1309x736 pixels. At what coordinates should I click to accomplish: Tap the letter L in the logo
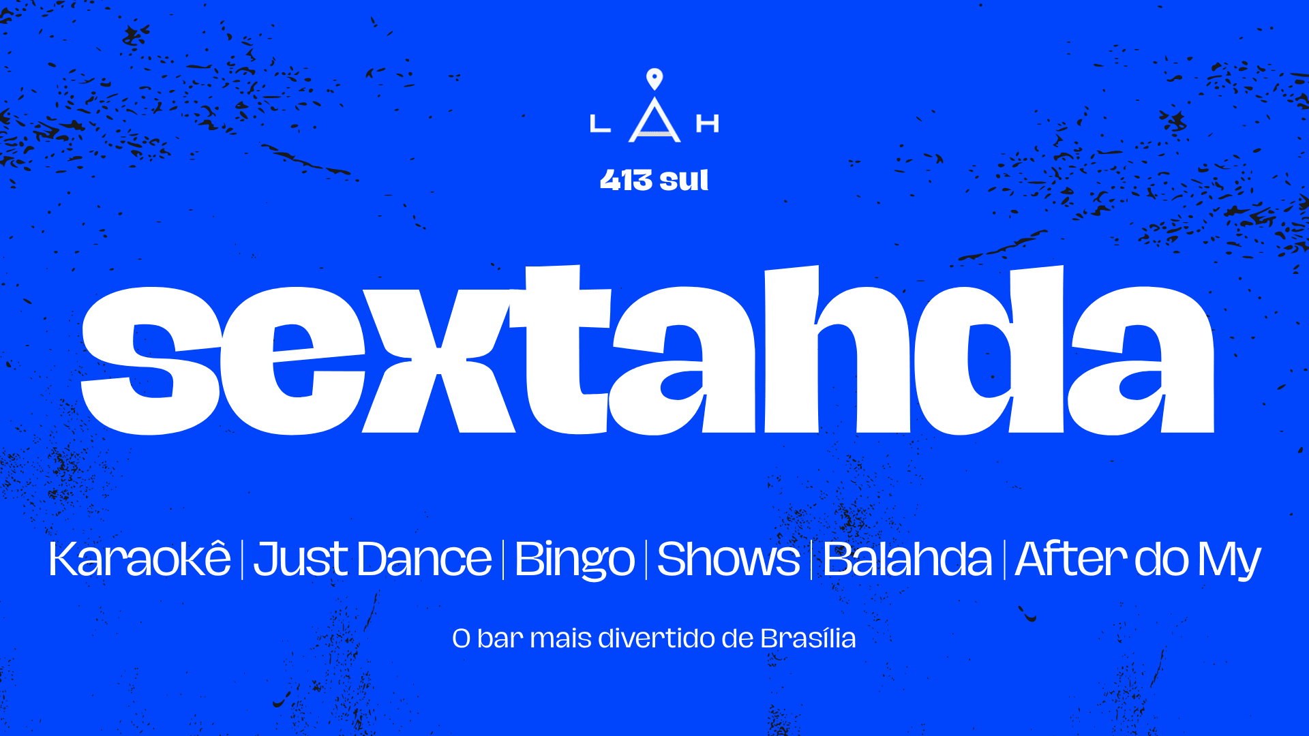pos(599,124)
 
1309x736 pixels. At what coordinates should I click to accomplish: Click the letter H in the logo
pos(707,124)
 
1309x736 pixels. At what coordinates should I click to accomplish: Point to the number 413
pos(627,181)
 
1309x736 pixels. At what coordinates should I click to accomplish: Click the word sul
pos(684,181)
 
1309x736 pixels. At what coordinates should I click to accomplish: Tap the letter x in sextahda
pos(437,361)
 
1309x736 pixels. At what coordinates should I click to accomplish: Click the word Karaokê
pos(140,559)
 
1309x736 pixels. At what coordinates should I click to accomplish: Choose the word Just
pos(301,559)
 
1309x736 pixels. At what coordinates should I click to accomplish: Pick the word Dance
pos(423,559)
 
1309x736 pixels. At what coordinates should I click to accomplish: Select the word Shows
pos(728,559)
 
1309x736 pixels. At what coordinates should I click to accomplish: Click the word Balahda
pos(907,559)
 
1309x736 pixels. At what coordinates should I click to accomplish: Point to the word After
pos(1070,559)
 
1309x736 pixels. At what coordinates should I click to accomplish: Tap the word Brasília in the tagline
pos(808,639)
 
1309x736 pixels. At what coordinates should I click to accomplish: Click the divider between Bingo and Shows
pos(646,559)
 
